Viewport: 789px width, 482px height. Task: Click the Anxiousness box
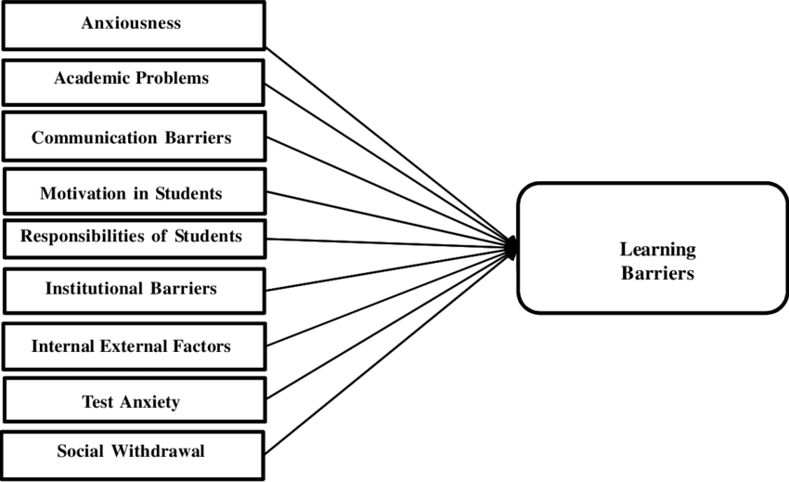[133, 25]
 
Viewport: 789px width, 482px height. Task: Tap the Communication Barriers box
[133, 137]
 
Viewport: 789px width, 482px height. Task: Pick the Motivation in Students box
[133, 193]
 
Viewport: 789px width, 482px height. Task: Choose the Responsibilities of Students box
[133, 237]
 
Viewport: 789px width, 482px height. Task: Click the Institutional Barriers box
[133, 289]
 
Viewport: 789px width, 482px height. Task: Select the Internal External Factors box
[133, 346]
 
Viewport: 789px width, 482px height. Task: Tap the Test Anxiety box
[133, 401]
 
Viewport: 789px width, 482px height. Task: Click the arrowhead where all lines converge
[511, 246]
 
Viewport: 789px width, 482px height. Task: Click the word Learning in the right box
[657, 249]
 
